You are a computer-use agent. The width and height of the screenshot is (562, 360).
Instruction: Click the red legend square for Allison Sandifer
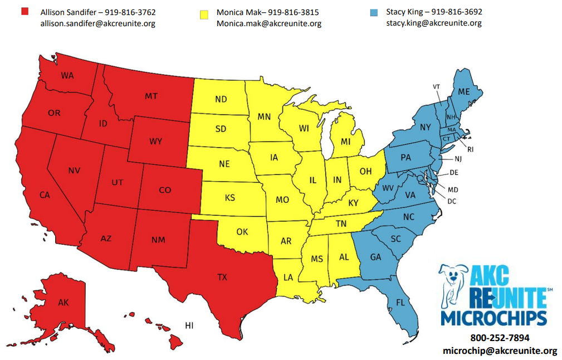(x=25, y=12)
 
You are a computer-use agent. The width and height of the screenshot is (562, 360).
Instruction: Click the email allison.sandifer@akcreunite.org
(x=97, y=23)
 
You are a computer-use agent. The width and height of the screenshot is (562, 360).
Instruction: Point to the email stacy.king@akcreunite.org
(x=434, y=23)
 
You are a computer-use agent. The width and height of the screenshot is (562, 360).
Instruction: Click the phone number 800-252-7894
(x=500, y=338)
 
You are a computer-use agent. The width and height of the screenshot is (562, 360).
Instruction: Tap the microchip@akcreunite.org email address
(x=500, y=351)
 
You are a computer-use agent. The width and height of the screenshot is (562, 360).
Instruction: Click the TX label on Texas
(x=222, y=276)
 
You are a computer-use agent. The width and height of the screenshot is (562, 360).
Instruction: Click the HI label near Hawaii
(x=189, y=325)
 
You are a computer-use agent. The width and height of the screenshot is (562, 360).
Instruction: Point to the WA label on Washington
(x=67, y=76)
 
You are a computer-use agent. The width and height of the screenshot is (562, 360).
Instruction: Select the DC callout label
(x=451, y=201)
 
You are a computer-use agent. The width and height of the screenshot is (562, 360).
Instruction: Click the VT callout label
(x=436, y=86)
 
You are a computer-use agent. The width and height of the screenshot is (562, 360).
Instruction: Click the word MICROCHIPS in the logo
(x=493, y=318)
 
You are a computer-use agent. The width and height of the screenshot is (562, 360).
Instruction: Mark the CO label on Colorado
(x=165, y=190)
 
